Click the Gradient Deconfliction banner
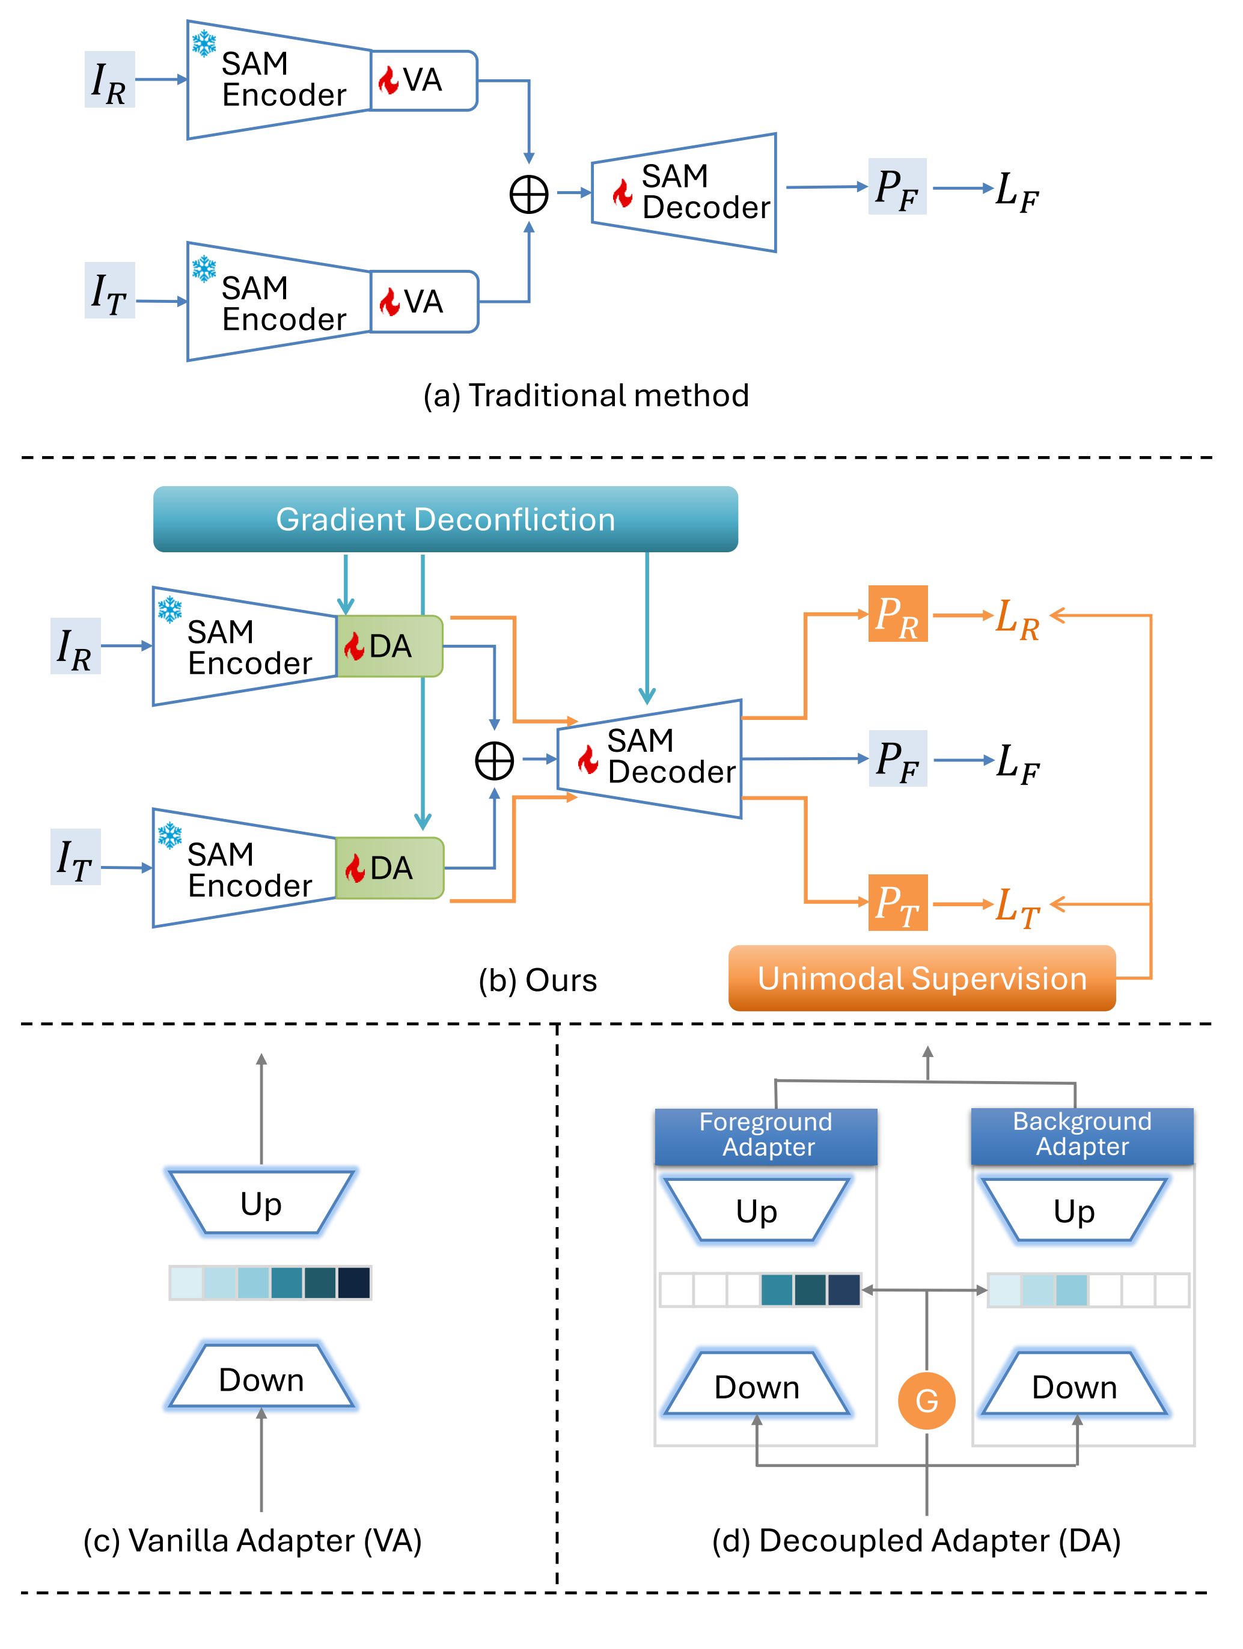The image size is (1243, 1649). tap(445, 520)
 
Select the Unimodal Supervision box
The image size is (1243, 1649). tap(921, 978)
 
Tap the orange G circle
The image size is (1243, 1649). tap(926, 1401)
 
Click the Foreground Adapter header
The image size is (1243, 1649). tap(766, 1135)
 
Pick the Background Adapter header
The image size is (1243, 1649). tap(1082, 1135)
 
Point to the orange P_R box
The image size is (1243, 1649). tap(898, 614)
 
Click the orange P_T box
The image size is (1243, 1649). tap(898, 903)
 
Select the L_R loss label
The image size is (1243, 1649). tap(1017, 619)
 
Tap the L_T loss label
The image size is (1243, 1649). tap(1017, 906)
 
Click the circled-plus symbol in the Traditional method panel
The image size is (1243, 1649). tap(529, 195)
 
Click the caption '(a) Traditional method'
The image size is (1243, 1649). tap(586, 396)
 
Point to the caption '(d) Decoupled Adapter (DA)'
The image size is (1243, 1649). tap(917, 1540)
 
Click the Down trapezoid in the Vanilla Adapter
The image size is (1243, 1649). tap(261, 1379)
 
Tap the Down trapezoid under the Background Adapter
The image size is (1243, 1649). tap(1075, 1386)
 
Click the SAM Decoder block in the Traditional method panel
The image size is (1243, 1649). tap(684, 192)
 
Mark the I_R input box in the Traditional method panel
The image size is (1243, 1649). tap(109, 80)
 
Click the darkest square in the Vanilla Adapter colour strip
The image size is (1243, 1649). tap(354, 1283)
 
